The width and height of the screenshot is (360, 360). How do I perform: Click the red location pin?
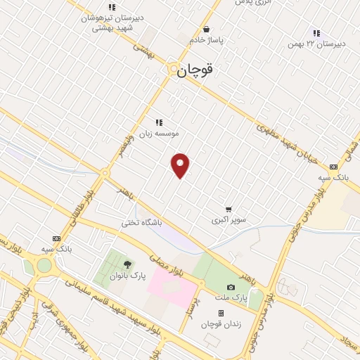tap(181, 165)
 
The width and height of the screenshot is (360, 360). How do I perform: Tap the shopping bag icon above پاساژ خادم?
tap(206, 29)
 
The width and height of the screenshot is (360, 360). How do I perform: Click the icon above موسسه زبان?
tap(158, 122)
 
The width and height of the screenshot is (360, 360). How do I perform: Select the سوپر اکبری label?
tap(229, 220)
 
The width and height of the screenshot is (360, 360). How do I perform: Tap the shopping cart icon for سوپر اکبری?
tap(229, 209)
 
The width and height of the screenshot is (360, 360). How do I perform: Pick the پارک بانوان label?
tap(127, 276)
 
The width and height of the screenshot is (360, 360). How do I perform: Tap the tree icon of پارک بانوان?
tap(127, 264)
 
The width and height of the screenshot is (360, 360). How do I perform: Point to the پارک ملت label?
tap(231, 299)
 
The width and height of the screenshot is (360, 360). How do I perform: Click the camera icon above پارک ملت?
tap(231, 288)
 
